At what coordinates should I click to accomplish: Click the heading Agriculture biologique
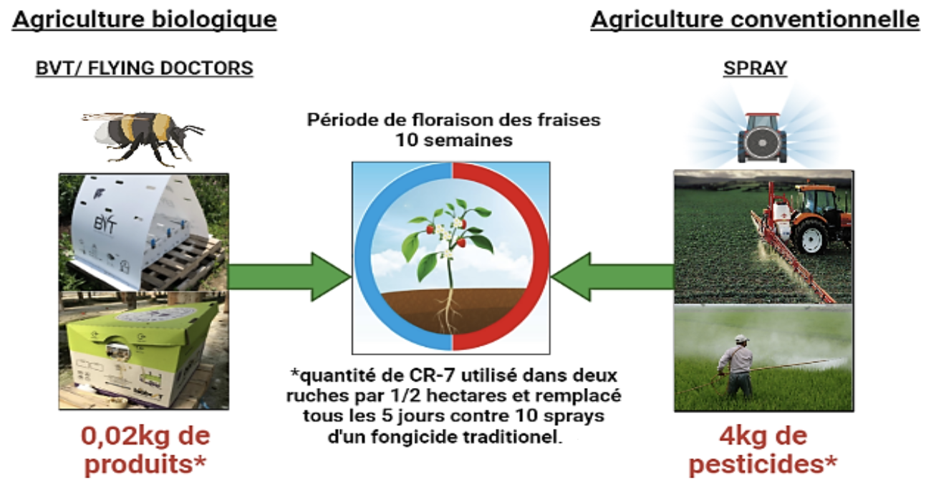[x=145, y=20]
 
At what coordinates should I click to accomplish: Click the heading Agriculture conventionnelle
[x=756, y=20]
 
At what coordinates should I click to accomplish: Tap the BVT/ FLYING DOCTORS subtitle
[x=144, y=68]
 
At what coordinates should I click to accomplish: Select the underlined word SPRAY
[x=756, y=68]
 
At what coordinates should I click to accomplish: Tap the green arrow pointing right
[x=290, y=277]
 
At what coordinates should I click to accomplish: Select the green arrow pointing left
[x=612, y=277]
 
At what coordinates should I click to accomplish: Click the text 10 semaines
[x=454, y=140]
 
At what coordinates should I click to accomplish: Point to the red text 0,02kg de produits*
[x=145, y=450]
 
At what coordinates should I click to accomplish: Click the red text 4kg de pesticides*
[x=763, y=450]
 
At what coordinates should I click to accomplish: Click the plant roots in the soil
[x=448, y=311]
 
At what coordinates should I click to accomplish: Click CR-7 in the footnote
[x=433, y=376]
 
